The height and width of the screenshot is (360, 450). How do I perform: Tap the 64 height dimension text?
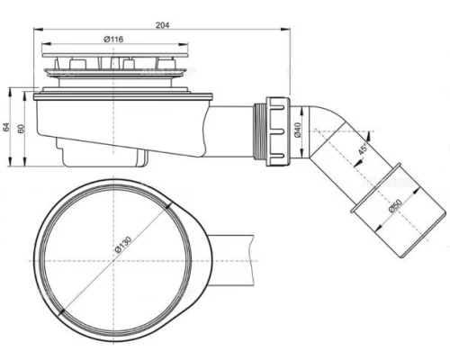point(7,127)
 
